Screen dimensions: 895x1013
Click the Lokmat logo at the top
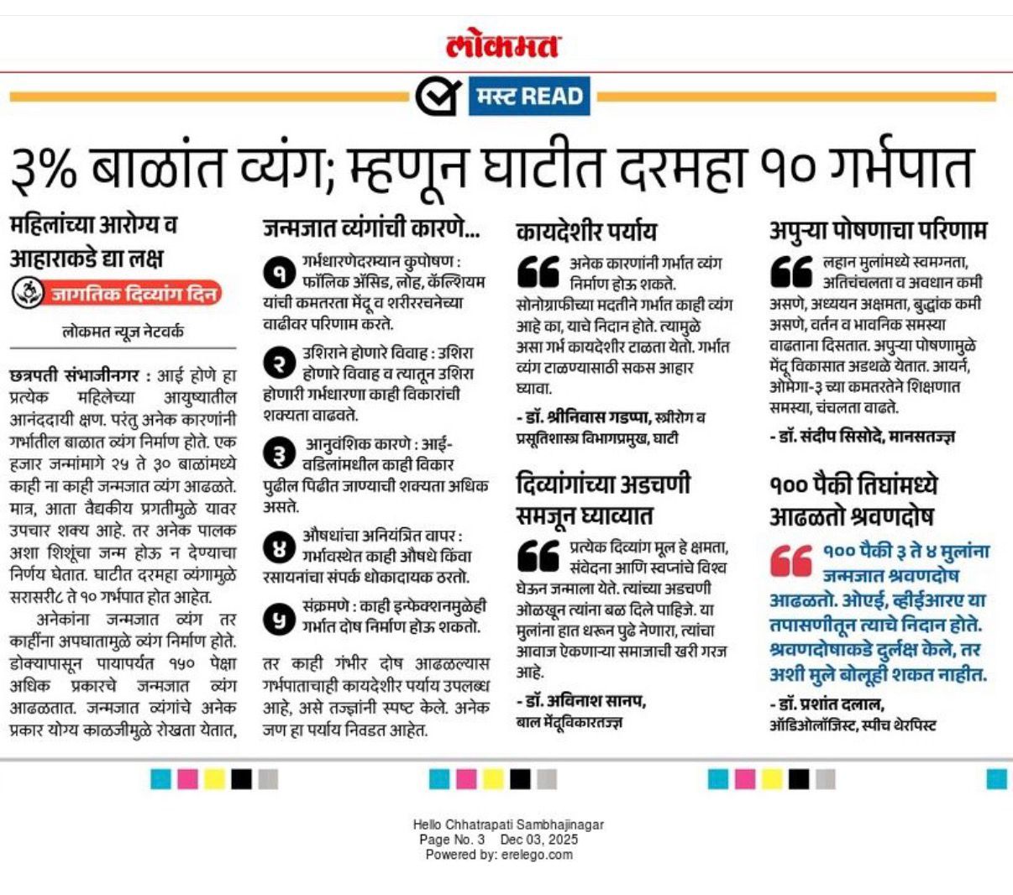pos(503,44)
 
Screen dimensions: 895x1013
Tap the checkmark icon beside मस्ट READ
pos(438,96)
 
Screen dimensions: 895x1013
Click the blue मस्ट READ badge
pos(529,96)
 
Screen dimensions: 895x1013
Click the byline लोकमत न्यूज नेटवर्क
pos(123,332)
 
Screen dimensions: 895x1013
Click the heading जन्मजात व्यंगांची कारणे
pos(371,227)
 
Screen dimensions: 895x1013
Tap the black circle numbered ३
pos(278,453)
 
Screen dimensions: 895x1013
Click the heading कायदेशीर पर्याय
pos(586,230)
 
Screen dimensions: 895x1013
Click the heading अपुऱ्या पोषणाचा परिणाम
pos(878,229)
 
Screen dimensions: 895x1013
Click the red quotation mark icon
pos(790,560)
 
